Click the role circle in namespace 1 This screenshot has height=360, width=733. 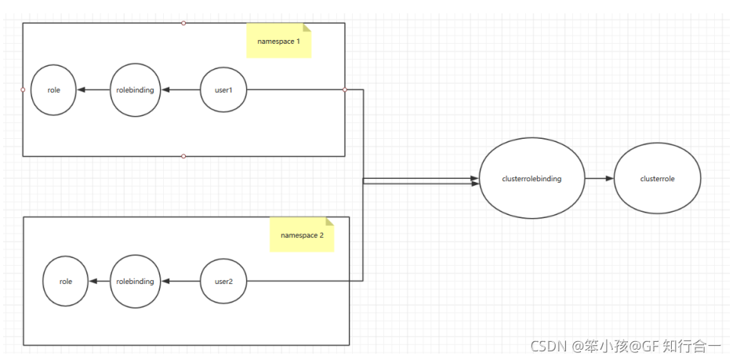[54, 90]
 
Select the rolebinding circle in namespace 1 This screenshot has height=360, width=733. [136, 90]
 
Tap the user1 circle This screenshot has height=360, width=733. [223, 90]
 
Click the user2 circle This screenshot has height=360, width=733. [223, 281]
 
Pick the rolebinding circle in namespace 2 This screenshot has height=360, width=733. [136, 281]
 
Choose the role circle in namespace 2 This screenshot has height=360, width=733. [66, 281]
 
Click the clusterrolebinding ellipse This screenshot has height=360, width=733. [531, 179]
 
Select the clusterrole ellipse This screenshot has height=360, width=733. [657, 179]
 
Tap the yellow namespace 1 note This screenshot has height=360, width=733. [279, 40]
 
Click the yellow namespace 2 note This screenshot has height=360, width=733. [302, 234]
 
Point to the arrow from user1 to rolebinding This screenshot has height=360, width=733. [181, 90]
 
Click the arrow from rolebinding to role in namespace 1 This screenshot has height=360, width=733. [93, 90]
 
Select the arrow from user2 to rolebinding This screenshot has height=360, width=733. [181, 281]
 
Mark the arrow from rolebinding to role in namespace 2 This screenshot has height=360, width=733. [99, 281]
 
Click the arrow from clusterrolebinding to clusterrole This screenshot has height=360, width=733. [599, 179]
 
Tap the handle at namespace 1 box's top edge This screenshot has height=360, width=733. [183, 23]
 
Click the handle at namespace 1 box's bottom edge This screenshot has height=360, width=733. [183, 156]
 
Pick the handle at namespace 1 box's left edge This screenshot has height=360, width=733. [23, 90]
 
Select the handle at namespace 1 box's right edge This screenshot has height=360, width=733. [345, 90]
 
